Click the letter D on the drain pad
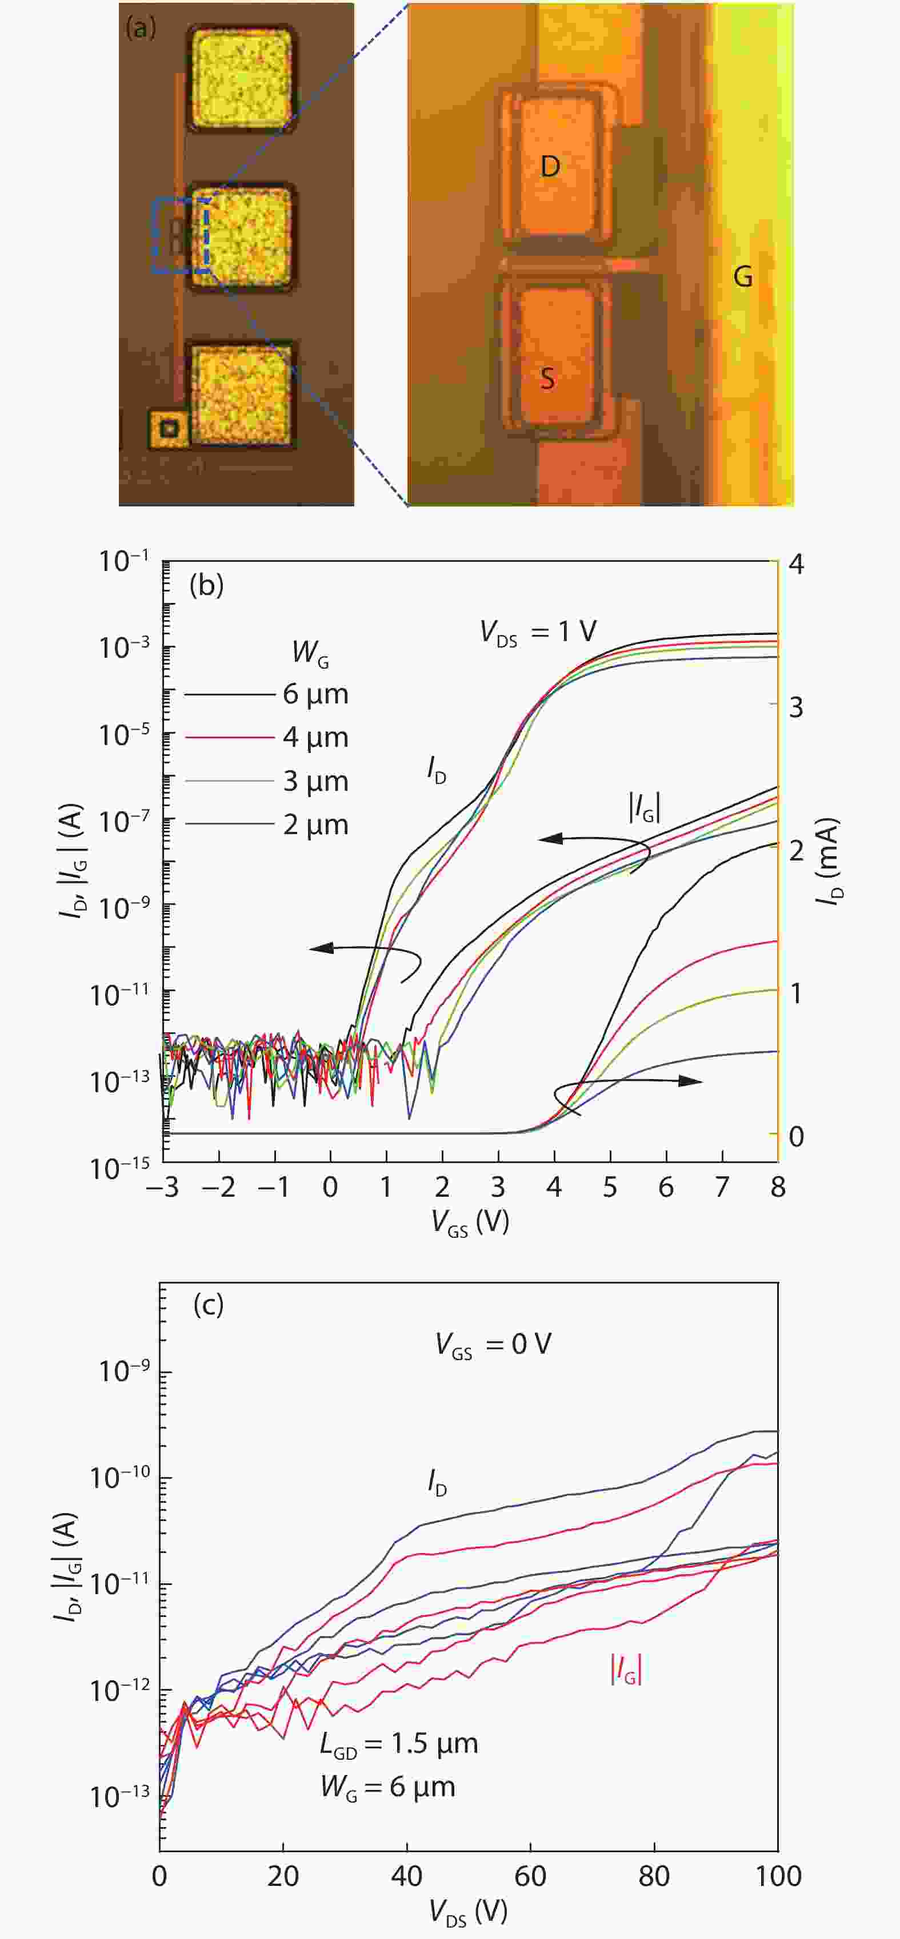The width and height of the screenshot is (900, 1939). click(x=550, y=166)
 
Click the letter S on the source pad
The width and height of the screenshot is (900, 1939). click(x=547, y=378)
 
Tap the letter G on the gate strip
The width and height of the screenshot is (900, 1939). click(x=743, y=277)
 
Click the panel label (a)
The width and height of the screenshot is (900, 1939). click(x=141, y=28)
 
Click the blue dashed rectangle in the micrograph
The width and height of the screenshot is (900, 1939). click(x=181, y=236)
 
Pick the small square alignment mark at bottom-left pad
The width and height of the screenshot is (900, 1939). click(x=170, y=429)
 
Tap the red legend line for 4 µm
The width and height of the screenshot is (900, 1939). click(x=228, y=738)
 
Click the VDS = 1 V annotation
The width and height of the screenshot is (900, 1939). click(x=538, y=631)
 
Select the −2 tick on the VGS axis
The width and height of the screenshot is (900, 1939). click(x=218, y=1187)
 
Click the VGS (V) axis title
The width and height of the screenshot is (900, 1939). click(x=470, y=1222)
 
